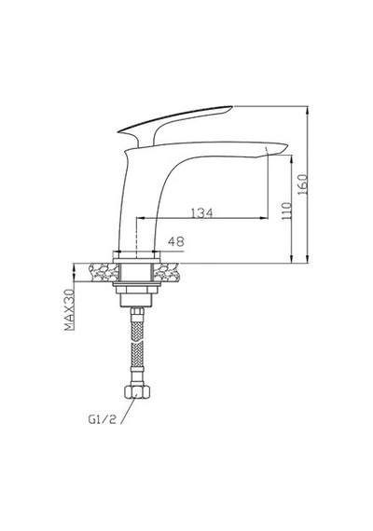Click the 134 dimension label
coord(202,213)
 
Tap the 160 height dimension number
coord(302,184)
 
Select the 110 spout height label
coord(287,211)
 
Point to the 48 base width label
coord(176,241)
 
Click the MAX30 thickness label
coord(69,309)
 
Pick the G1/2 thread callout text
coord(102,419)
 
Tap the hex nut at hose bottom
coord(137,391)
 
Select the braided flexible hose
coord(137,346)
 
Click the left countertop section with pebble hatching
coord(104,273)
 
